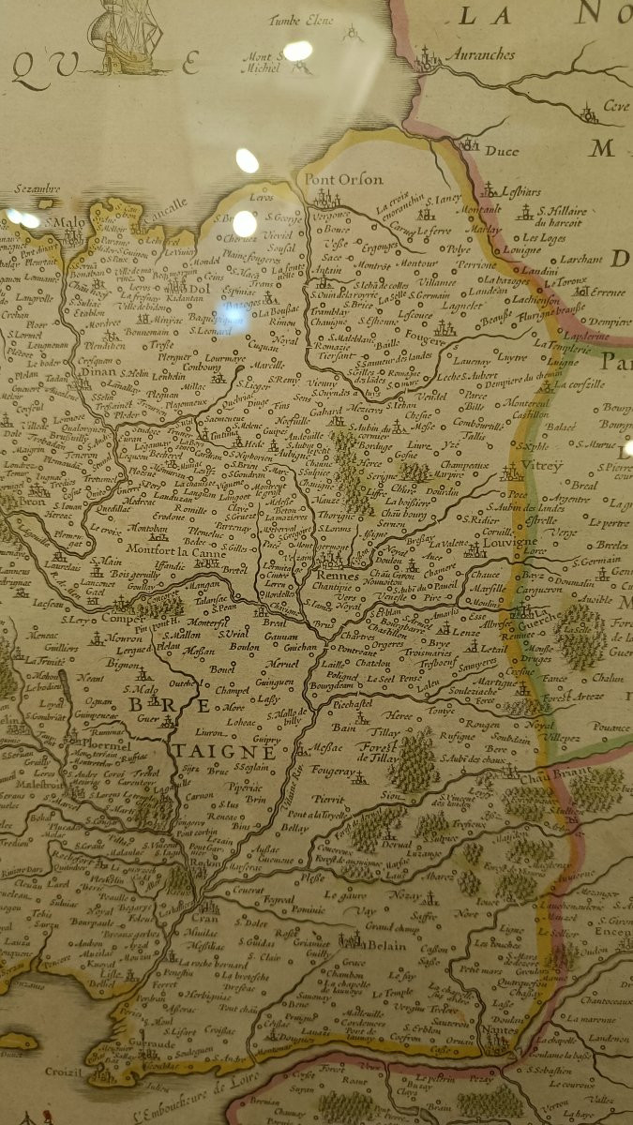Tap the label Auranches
coord(479,55)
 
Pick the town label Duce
coord(502,150)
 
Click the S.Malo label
coord(64,222)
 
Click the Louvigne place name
coord(511,542)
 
